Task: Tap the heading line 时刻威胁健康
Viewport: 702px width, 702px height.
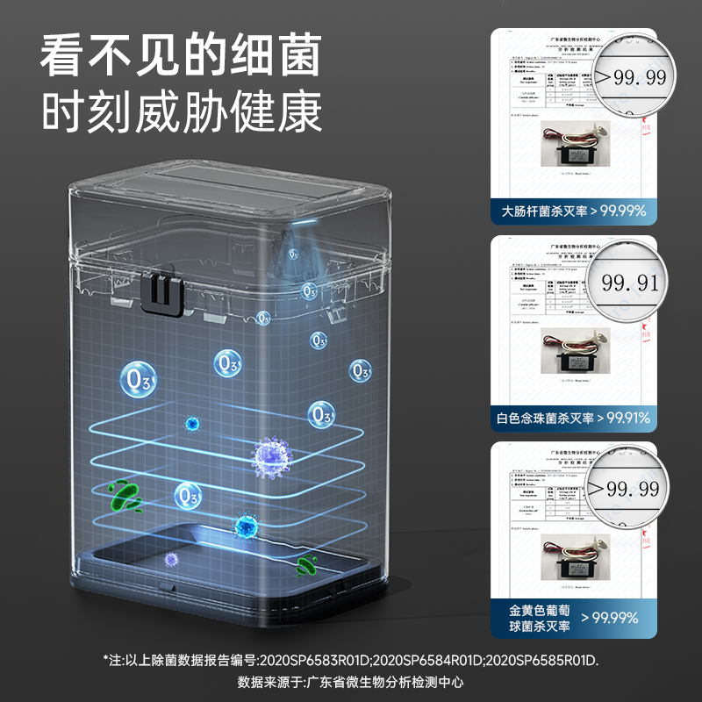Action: click(x=179, y=114)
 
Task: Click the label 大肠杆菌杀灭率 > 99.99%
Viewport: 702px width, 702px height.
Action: click(x=574, y=211)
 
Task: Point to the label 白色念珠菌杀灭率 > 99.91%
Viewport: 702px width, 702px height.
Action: click(x=574, y=419)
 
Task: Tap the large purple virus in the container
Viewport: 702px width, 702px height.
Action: click(x=271, y=455)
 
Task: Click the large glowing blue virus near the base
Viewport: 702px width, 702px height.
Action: click(x=246, y=526)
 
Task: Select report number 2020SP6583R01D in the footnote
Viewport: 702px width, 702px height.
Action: click(x=304, y=660)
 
